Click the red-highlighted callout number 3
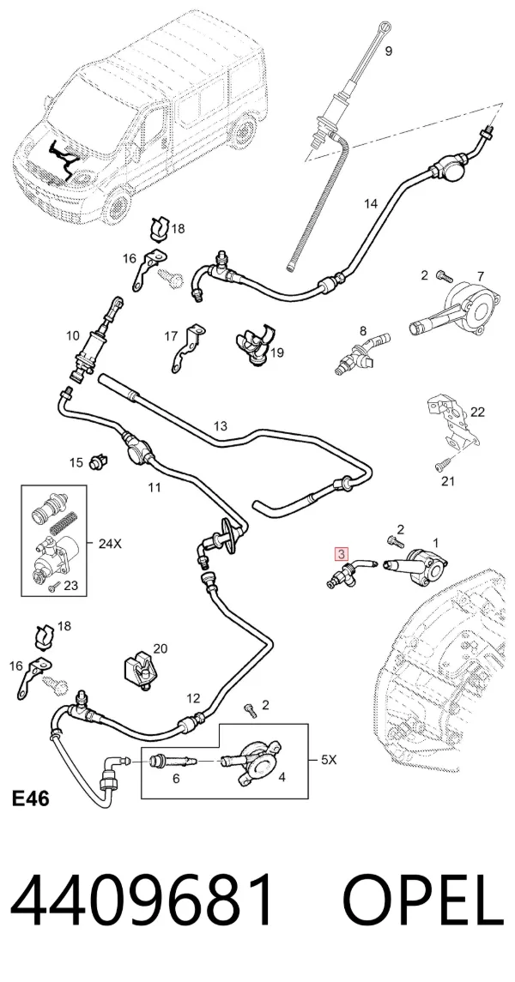(342, 554)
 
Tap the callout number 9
(389, 51)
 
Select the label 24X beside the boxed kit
(110, 544)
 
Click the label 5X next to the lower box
(329, 760)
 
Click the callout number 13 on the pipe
(220, 426)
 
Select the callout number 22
(478, 412)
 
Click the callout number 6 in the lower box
(175, 778)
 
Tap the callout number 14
(371, 203)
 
